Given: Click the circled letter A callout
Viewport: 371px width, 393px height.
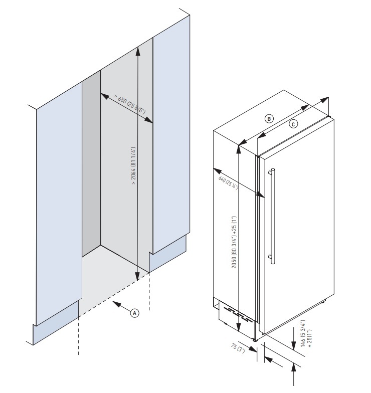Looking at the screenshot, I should pos(134,312).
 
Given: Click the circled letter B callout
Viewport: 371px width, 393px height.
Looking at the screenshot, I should pos(269,119).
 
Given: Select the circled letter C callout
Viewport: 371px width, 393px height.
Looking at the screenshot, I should pos(294,124).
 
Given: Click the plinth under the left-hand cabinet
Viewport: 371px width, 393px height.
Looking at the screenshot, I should pos(55,331).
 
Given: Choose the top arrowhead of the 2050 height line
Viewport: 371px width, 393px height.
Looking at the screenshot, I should pos(239,147).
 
